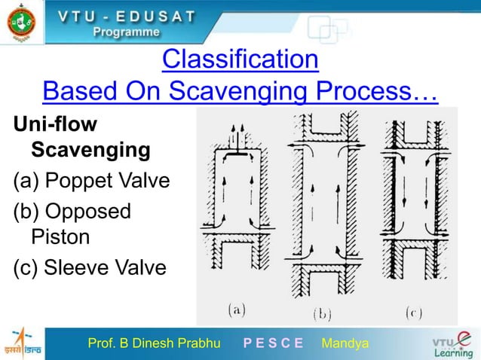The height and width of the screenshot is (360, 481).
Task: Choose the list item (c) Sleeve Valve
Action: [86, 267]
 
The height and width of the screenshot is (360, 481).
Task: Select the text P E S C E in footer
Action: [273, 343]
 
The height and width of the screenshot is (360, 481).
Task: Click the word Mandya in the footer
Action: [345, 343]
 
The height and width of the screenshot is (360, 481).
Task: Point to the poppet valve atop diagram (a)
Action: [238, 151]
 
